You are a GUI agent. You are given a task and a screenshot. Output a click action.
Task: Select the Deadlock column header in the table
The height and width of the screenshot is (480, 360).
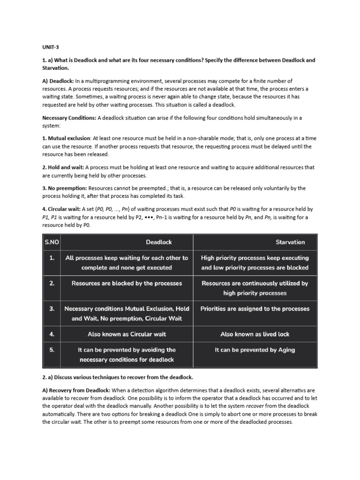pyautogui.click(x=159, y=242)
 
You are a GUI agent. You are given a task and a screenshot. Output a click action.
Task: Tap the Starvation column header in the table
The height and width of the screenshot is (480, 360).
pyautogui.click(x=290, y=242)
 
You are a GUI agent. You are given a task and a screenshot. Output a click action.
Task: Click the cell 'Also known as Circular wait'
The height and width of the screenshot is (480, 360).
pyautogui.click(x=127, y=334)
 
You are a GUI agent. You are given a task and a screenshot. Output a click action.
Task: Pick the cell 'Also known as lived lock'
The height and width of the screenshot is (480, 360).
pyautogui.click(x=255, y=334)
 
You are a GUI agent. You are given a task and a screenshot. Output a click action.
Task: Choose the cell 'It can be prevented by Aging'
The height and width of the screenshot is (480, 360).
pyautogui.click(x=255, y=350)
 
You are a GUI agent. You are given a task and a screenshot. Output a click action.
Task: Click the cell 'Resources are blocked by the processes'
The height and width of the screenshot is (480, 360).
pyautogui.click(x=127, y=283)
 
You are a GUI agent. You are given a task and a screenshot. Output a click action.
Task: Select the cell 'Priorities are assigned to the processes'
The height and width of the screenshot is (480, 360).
pyautogui.click(x=255, y=308)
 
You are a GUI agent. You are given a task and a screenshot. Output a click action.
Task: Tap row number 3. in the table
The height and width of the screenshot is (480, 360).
pyautogui.click(x=52, y=308)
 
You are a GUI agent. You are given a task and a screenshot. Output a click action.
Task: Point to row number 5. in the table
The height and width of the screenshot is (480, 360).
pyautogui.click(x=52, y=350)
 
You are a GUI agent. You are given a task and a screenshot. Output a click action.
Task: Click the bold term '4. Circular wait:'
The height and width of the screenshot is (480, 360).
pyautogui.click(x=63, y=209)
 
